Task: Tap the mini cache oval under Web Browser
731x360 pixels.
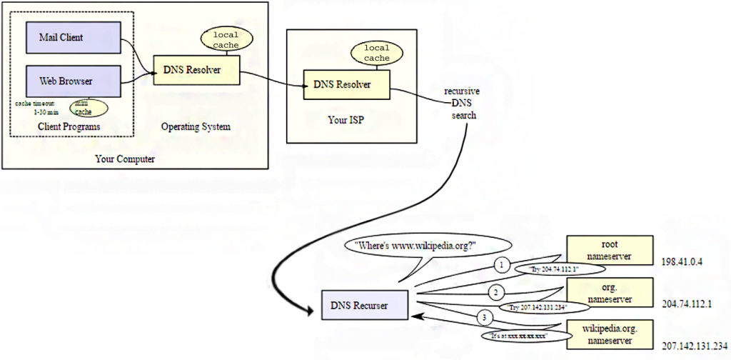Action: click(x=89, y=108)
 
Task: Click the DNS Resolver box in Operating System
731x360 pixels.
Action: click(x=197, y=70)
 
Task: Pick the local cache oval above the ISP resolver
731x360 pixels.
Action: click(x=376, y=53)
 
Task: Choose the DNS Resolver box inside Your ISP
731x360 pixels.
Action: click(x=347, y=84)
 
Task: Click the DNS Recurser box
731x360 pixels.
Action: click(x=364, y=305)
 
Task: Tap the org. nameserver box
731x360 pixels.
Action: click(x=610, y=291)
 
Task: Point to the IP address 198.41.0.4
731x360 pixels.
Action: click(x=682, y=262)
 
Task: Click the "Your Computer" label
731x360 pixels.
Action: click(x=125, y=159)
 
